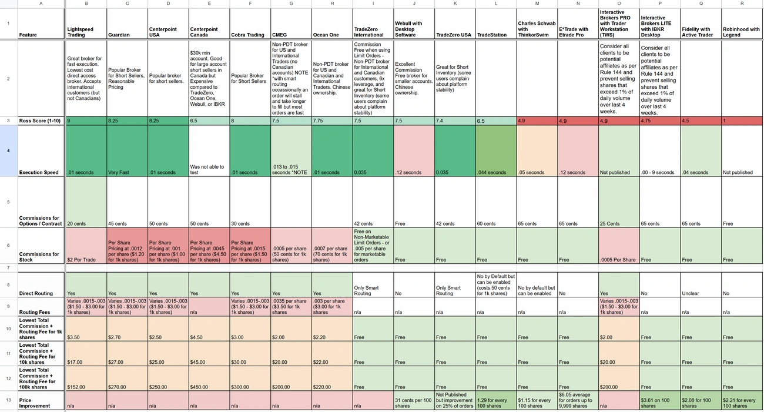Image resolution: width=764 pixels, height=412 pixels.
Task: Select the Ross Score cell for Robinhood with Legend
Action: [x=742, y=120]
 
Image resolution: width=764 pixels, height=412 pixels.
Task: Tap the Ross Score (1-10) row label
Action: [x=41, y=120]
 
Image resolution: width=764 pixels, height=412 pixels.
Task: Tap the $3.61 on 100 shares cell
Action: [x=659, y=403]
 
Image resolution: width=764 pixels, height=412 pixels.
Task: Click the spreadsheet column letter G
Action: [x=291, y=4]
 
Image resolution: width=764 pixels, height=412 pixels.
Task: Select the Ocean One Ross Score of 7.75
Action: [x=332, y=120]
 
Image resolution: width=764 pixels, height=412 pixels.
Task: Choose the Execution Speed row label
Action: [x=41, y=172]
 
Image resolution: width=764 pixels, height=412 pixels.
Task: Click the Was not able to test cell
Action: [x=209, y=169]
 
